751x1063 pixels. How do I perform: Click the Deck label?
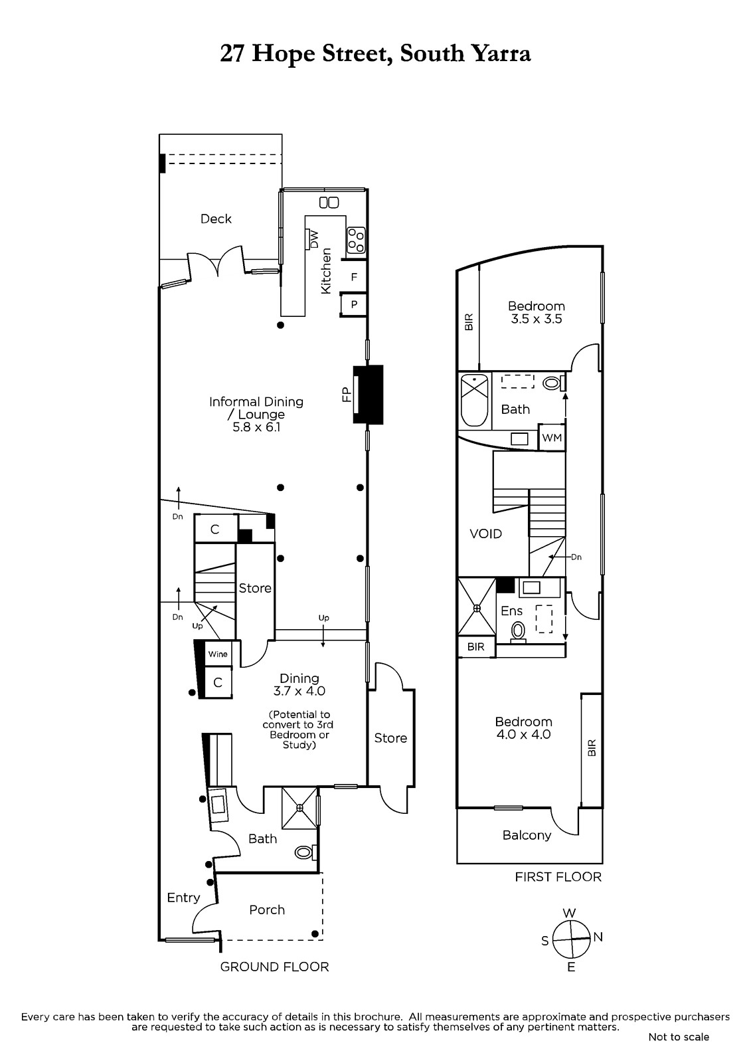216,219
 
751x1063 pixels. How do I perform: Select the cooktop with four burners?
357,241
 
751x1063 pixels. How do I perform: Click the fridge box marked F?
354,276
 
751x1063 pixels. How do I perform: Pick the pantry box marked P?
354,305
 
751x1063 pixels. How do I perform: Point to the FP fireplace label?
346,395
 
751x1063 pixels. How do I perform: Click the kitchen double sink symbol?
329,203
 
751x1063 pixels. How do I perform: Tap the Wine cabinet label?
218,654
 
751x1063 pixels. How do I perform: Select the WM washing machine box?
552,437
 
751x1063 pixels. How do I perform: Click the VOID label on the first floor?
486,534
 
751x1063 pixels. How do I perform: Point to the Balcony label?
527,835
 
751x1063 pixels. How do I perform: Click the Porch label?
267,910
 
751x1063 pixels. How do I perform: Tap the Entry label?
183,898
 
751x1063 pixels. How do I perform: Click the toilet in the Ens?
519,632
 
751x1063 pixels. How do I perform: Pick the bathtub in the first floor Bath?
475,400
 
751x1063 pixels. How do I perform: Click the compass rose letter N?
598,937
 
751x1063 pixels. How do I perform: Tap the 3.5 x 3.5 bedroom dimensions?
536,319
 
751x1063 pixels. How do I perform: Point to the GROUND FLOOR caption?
274,967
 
